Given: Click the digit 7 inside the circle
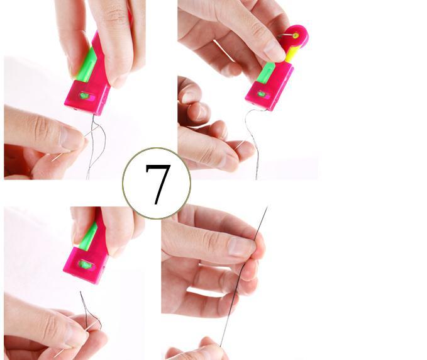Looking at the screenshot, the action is pos(158,184).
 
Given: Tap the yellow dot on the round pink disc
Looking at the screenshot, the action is pos(296,35).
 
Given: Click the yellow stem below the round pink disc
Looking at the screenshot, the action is pos(292,54).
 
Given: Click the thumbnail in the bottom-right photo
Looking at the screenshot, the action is pos(242,247).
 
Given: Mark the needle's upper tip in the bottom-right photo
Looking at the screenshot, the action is pos(267,207).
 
